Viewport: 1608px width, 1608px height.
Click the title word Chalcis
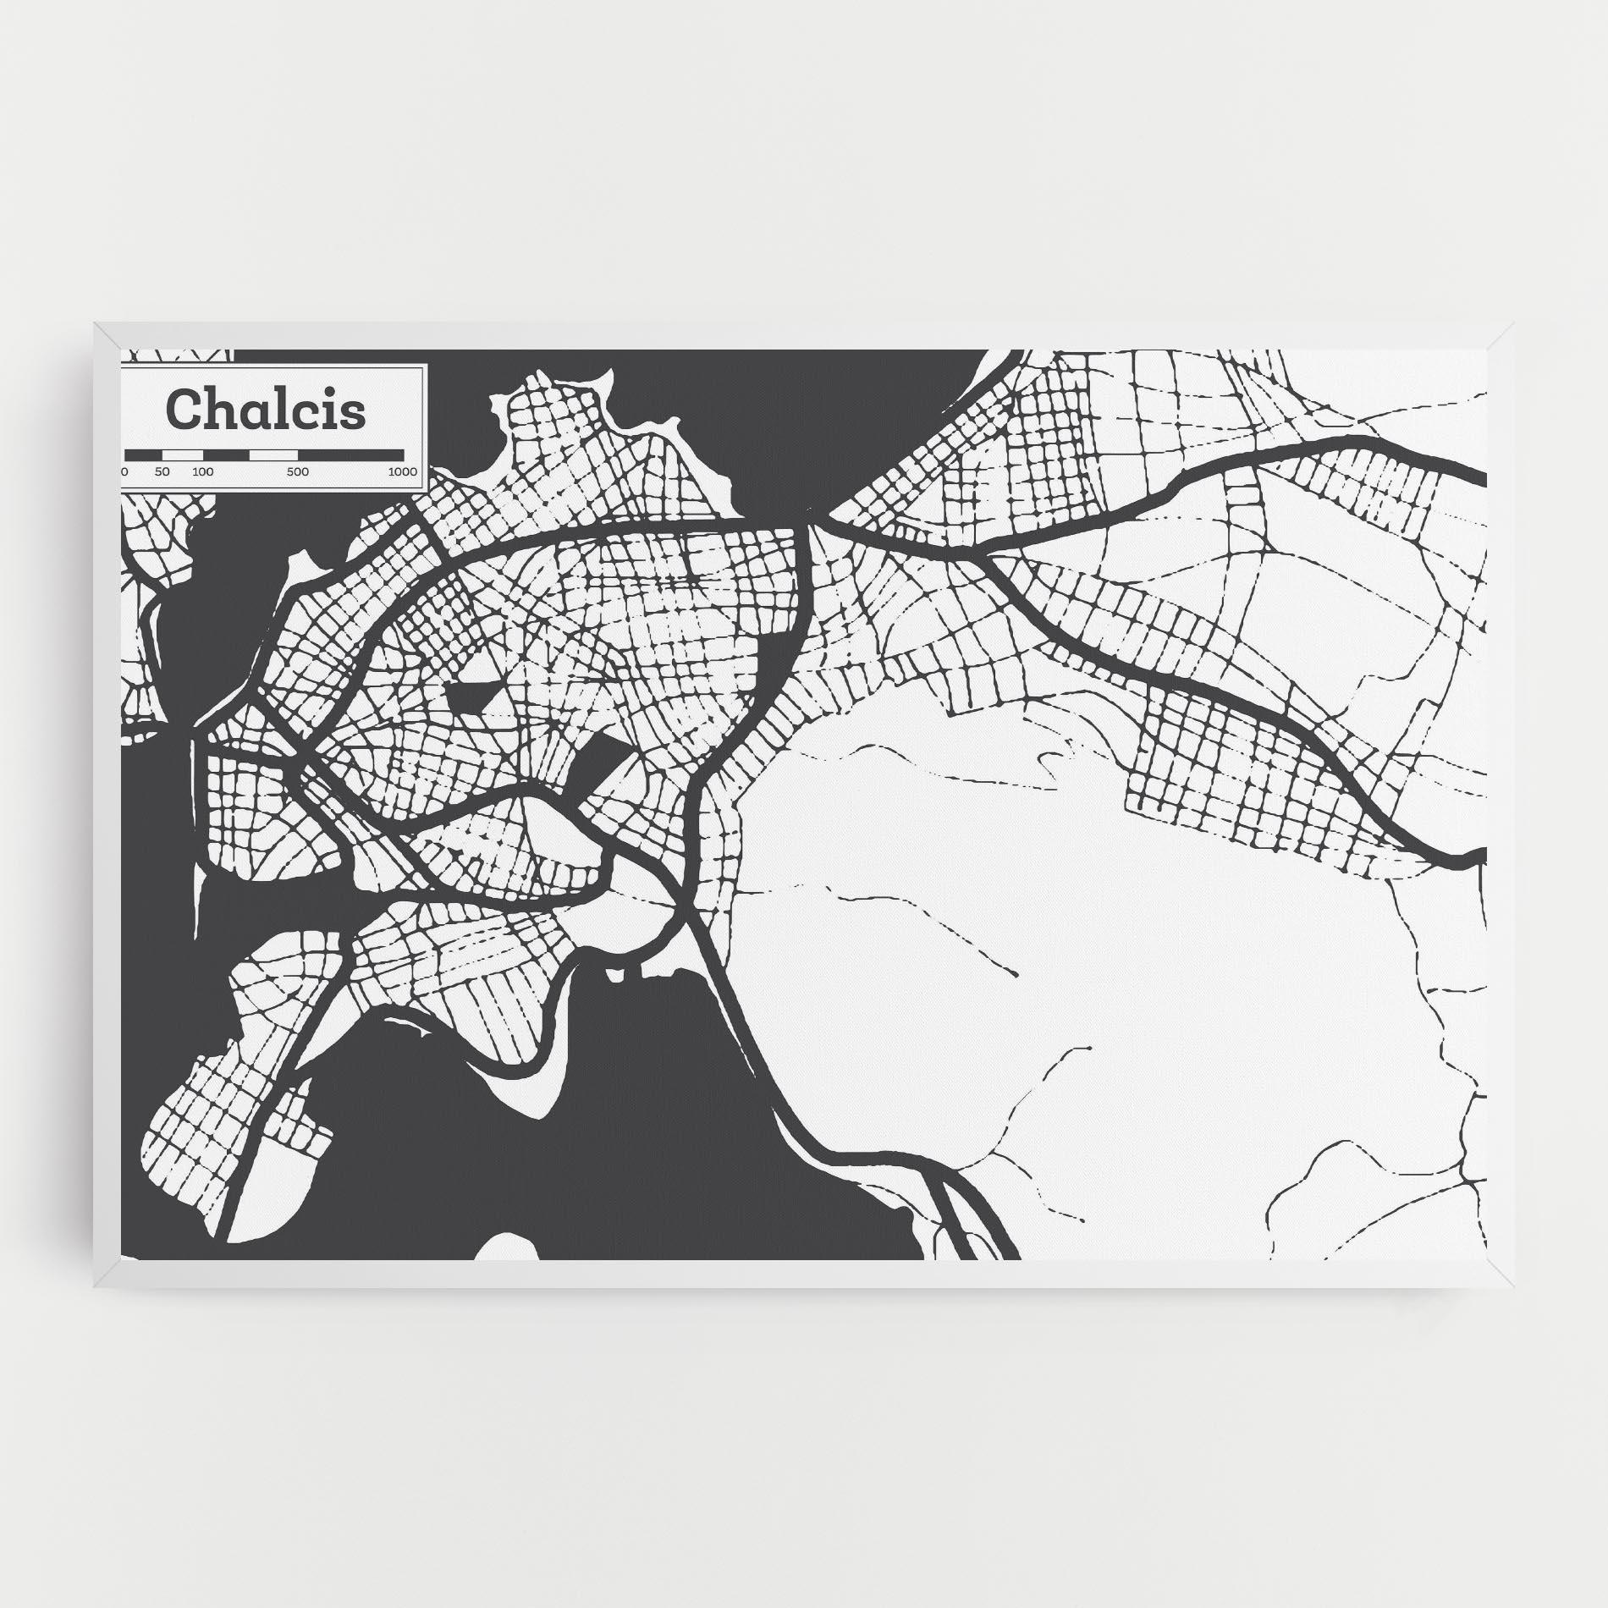tap(267, 410)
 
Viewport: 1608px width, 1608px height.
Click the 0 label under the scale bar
tap(125, 471)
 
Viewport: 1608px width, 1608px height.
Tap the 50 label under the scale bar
tap(162, 471)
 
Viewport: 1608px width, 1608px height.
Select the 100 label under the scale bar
tap(202, 471)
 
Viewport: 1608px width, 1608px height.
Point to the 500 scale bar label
tap(297, 471)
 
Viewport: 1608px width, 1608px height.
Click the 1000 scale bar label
tap(403, 471)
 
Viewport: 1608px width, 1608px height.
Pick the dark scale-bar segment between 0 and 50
tap(144, 454)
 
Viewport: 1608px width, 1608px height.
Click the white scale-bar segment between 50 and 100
tap(183, 454)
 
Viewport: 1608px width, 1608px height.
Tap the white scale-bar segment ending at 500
tap(273, 454)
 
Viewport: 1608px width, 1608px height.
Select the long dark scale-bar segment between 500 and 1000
tap(350, 454)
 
